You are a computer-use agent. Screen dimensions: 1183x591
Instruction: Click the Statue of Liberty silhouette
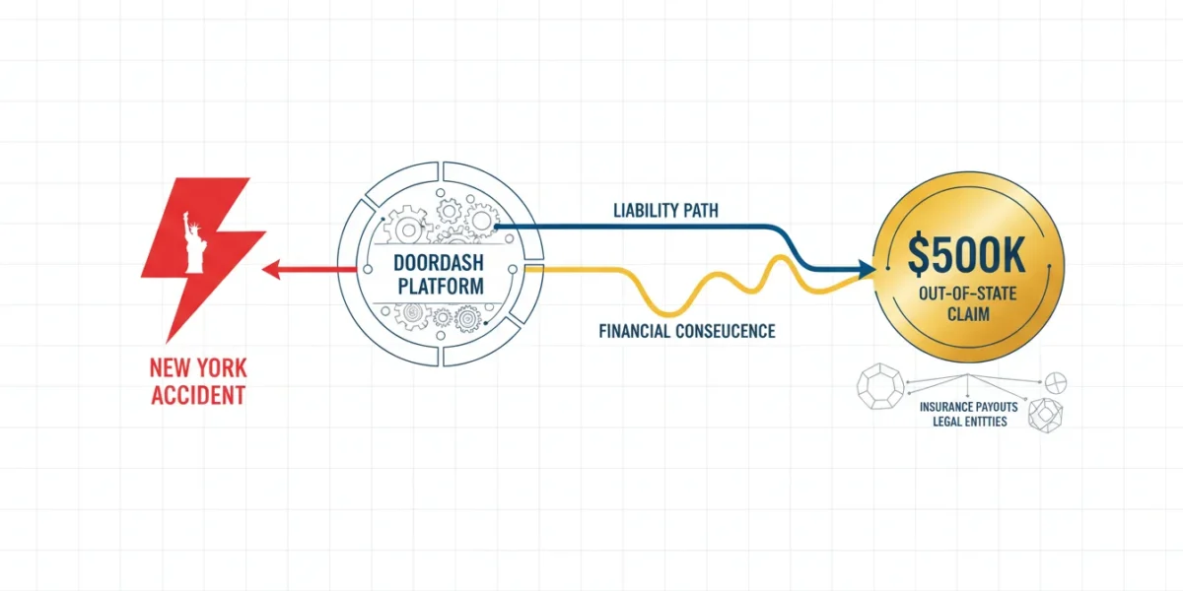click(x=193, y=244)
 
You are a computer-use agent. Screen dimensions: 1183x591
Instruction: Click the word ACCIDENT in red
click(x=198, y=395)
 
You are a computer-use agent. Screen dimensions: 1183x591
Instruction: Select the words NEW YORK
click(x=198, y=367)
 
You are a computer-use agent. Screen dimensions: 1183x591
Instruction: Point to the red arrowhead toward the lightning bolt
click(x=271, y=270)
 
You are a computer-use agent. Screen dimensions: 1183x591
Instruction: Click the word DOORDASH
click(x=439, y=263)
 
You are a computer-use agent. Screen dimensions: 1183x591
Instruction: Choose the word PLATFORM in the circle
click(x=441, y=286)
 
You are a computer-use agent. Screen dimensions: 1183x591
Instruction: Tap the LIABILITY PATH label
click(x=665, y=211)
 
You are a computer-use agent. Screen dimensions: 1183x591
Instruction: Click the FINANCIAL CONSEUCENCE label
click(x=687, y=331)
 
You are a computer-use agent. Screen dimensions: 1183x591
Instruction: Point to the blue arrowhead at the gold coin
click(x=867, y=269)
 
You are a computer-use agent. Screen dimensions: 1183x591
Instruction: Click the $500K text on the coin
click(x=967, y=255)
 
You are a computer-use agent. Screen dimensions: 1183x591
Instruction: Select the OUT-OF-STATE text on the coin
click(x=967, y=294)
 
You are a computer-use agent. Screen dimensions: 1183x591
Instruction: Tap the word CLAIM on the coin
click(x=968, y=314)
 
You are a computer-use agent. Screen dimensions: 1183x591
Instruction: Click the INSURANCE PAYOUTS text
click(x=968, y=407)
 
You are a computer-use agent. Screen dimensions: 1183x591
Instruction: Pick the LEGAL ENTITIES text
click(x=970, y=422)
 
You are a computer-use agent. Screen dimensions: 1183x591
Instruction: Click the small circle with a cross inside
click(x=1056, y=383)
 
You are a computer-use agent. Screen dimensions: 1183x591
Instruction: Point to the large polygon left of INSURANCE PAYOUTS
click(x=879, y=386)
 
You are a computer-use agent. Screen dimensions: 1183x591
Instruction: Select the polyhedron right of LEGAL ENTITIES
click(x=1046, y=416)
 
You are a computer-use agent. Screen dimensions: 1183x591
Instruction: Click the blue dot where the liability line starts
click(x=496, y=227)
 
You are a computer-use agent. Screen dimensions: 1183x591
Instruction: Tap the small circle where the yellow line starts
click(x=513, y=270)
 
